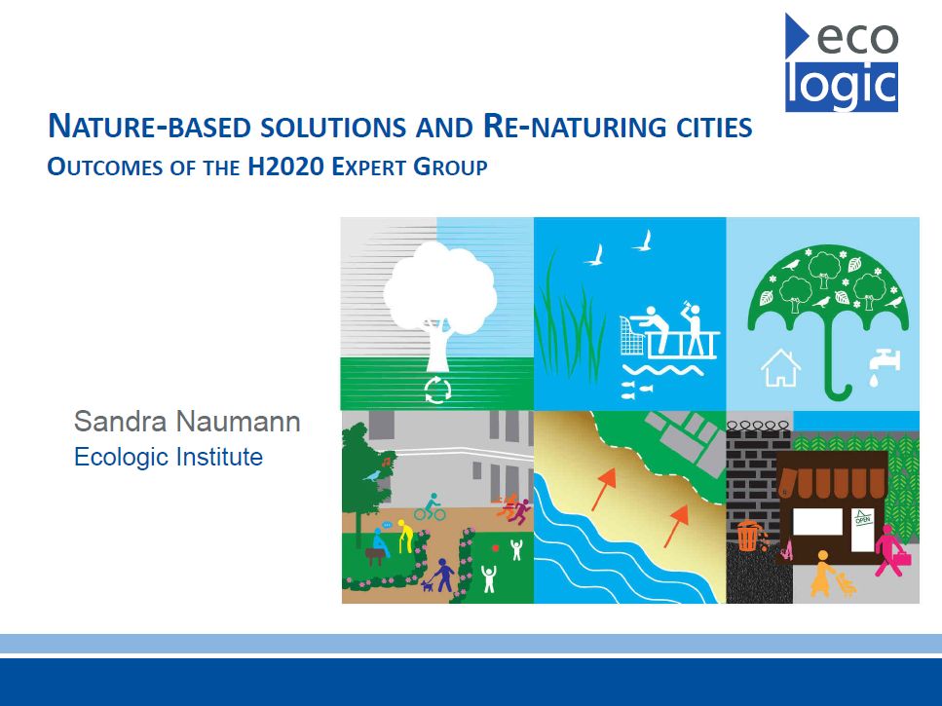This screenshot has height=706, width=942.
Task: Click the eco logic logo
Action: (841, 63)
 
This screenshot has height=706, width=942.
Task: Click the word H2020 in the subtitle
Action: (285, 167)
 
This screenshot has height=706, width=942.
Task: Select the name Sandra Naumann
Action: (187, 422)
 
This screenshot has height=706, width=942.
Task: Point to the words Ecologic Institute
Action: (169, 457)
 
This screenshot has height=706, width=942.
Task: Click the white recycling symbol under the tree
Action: (437, 390)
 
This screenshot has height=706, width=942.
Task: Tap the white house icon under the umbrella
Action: (780, 367)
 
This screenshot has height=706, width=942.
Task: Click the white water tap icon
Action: (884, 366)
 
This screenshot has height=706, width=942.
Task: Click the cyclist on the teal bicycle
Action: (431, 507)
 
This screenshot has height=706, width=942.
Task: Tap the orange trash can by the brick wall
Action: (748, 536)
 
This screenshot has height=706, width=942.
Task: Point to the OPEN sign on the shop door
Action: (863, 517)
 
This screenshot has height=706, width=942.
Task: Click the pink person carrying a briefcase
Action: (891, 550)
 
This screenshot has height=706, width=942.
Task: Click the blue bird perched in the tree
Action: (372, 476)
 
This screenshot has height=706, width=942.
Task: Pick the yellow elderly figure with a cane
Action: (405, 537)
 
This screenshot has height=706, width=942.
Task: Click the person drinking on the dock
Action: (694, 329)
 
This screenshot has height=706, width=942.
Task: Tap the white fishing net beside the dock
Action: (633, 336)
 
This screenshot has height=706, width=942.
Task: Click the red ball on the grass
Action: (495, 547)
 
